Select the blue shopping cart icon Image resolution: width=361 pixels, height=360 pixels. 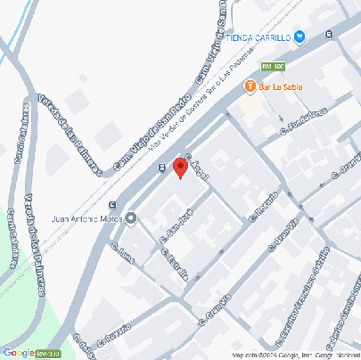[299, 37]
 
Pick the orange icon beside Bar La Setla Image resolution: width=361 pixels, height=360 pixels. [250, 86]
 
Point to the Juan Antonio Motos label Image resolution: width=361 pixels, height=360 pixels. [86, 217]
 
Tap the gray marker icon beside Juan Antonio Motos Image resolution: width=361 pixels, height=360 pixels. [132, 217]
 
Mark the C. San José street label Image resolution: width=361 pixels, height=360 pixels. [175, 226]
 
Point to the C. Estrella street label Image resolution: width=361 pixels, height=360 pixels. [174, 263]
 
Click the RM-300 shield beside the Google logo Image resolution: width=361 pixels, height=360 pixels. [48, 353]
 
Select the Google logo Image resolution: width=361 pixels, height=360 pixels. [18, 352]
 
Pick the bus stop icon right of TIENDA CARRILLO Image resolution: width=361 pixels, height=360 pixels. [329, 35]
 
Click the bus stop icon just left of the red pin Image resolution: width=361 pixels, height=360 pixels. [160, 167]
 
